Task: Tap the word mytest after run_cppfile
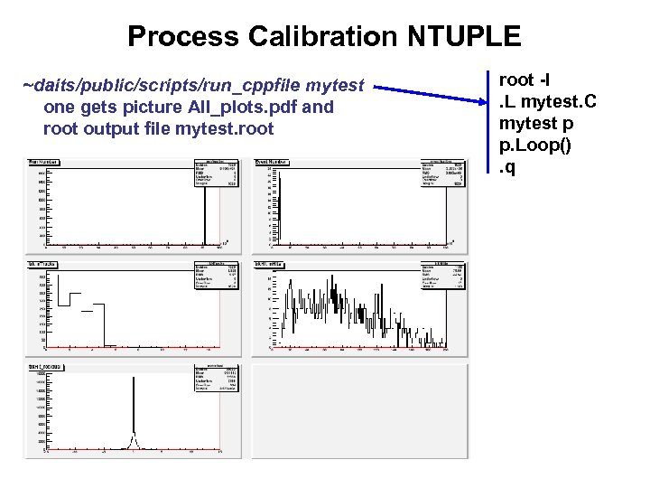[x=335, y=86]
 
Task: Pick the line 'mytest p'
[x=536, y=123]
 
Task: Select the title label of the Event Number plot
[x=272, y=162]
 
